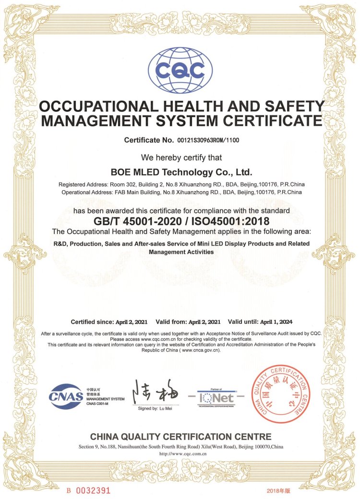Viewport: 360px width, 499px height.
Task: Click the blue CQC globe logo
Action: pos(180,71)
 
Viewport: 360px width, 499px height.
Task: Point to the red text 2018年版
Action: pos(278,491)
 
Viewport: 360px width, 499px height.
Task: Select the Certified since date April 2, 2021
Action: pos(132,321)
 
